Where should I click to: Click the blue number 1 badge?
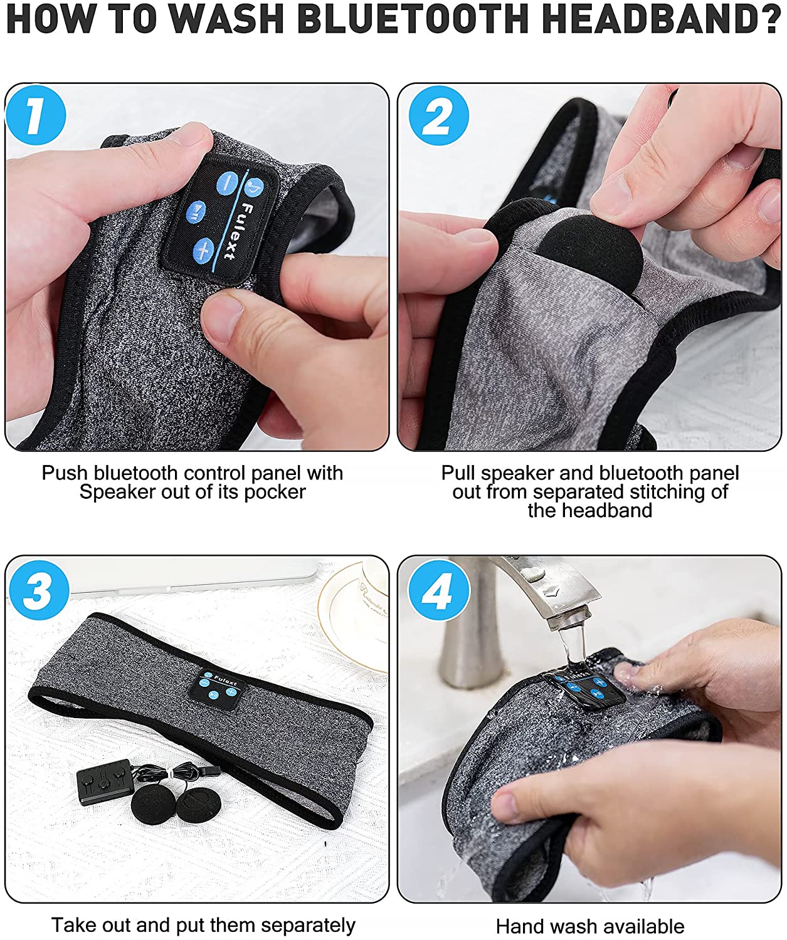coord(36,115)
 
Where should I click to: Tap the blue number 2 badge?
coord(438,115)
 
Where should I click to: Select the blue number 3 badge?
coord(39,590)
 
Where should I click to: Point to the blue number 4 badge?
coord(439,590)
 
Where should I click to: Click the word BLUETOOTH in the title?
coord(413,19)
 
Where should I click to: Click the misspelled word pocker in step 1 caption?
coord(275,492)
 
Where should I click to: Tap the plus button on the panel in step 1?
coord(204,248)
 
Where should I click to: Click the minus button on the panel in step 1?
coord(228,183)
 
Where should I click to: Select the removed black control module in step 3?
coord(105,781)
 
